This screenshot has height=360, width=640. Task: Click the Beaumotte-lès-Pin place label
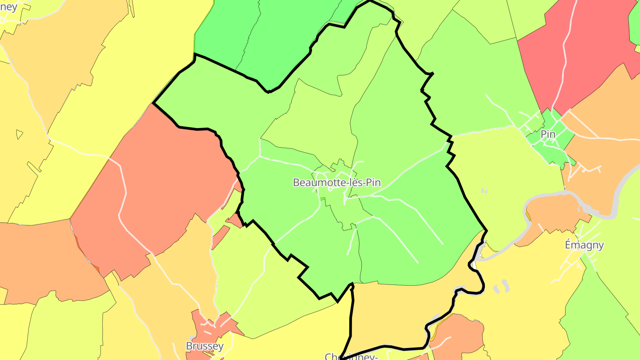(336, 182)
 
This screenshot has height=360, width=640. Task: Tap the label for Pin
(548, 134)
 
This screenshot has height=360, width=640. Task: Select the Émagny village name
(584, 245)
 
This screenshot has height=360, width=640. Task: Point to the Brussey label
(204, 346)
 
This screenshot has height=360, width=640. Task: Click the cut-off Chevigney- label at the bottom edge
(351, 356)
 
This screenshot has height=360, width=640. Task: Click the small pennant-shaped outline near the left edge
(20, 134)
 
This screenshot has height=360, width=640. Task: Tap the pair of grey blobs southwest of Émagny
(500, 286)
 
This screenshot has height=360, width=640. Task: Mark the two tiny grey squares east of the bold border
(484, 191)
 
